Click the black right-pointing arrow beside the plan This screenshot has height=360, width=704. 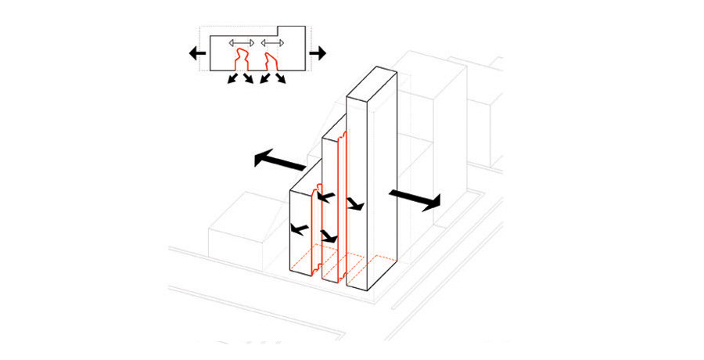pos(317,53)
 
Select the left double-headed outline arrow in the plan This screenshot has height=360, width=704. pos(241,42)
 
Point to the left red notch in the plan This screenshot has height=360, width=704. pos(241,61)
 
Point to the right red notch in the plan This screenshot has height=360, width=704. pos(271,61)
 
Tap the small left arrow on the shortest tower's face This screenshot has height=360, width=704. pos(297,229)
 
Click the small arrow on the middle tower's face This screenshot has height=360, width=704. pos(355,204)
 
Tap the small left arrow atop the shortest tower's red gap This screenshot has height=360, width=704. pos(325,196)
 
